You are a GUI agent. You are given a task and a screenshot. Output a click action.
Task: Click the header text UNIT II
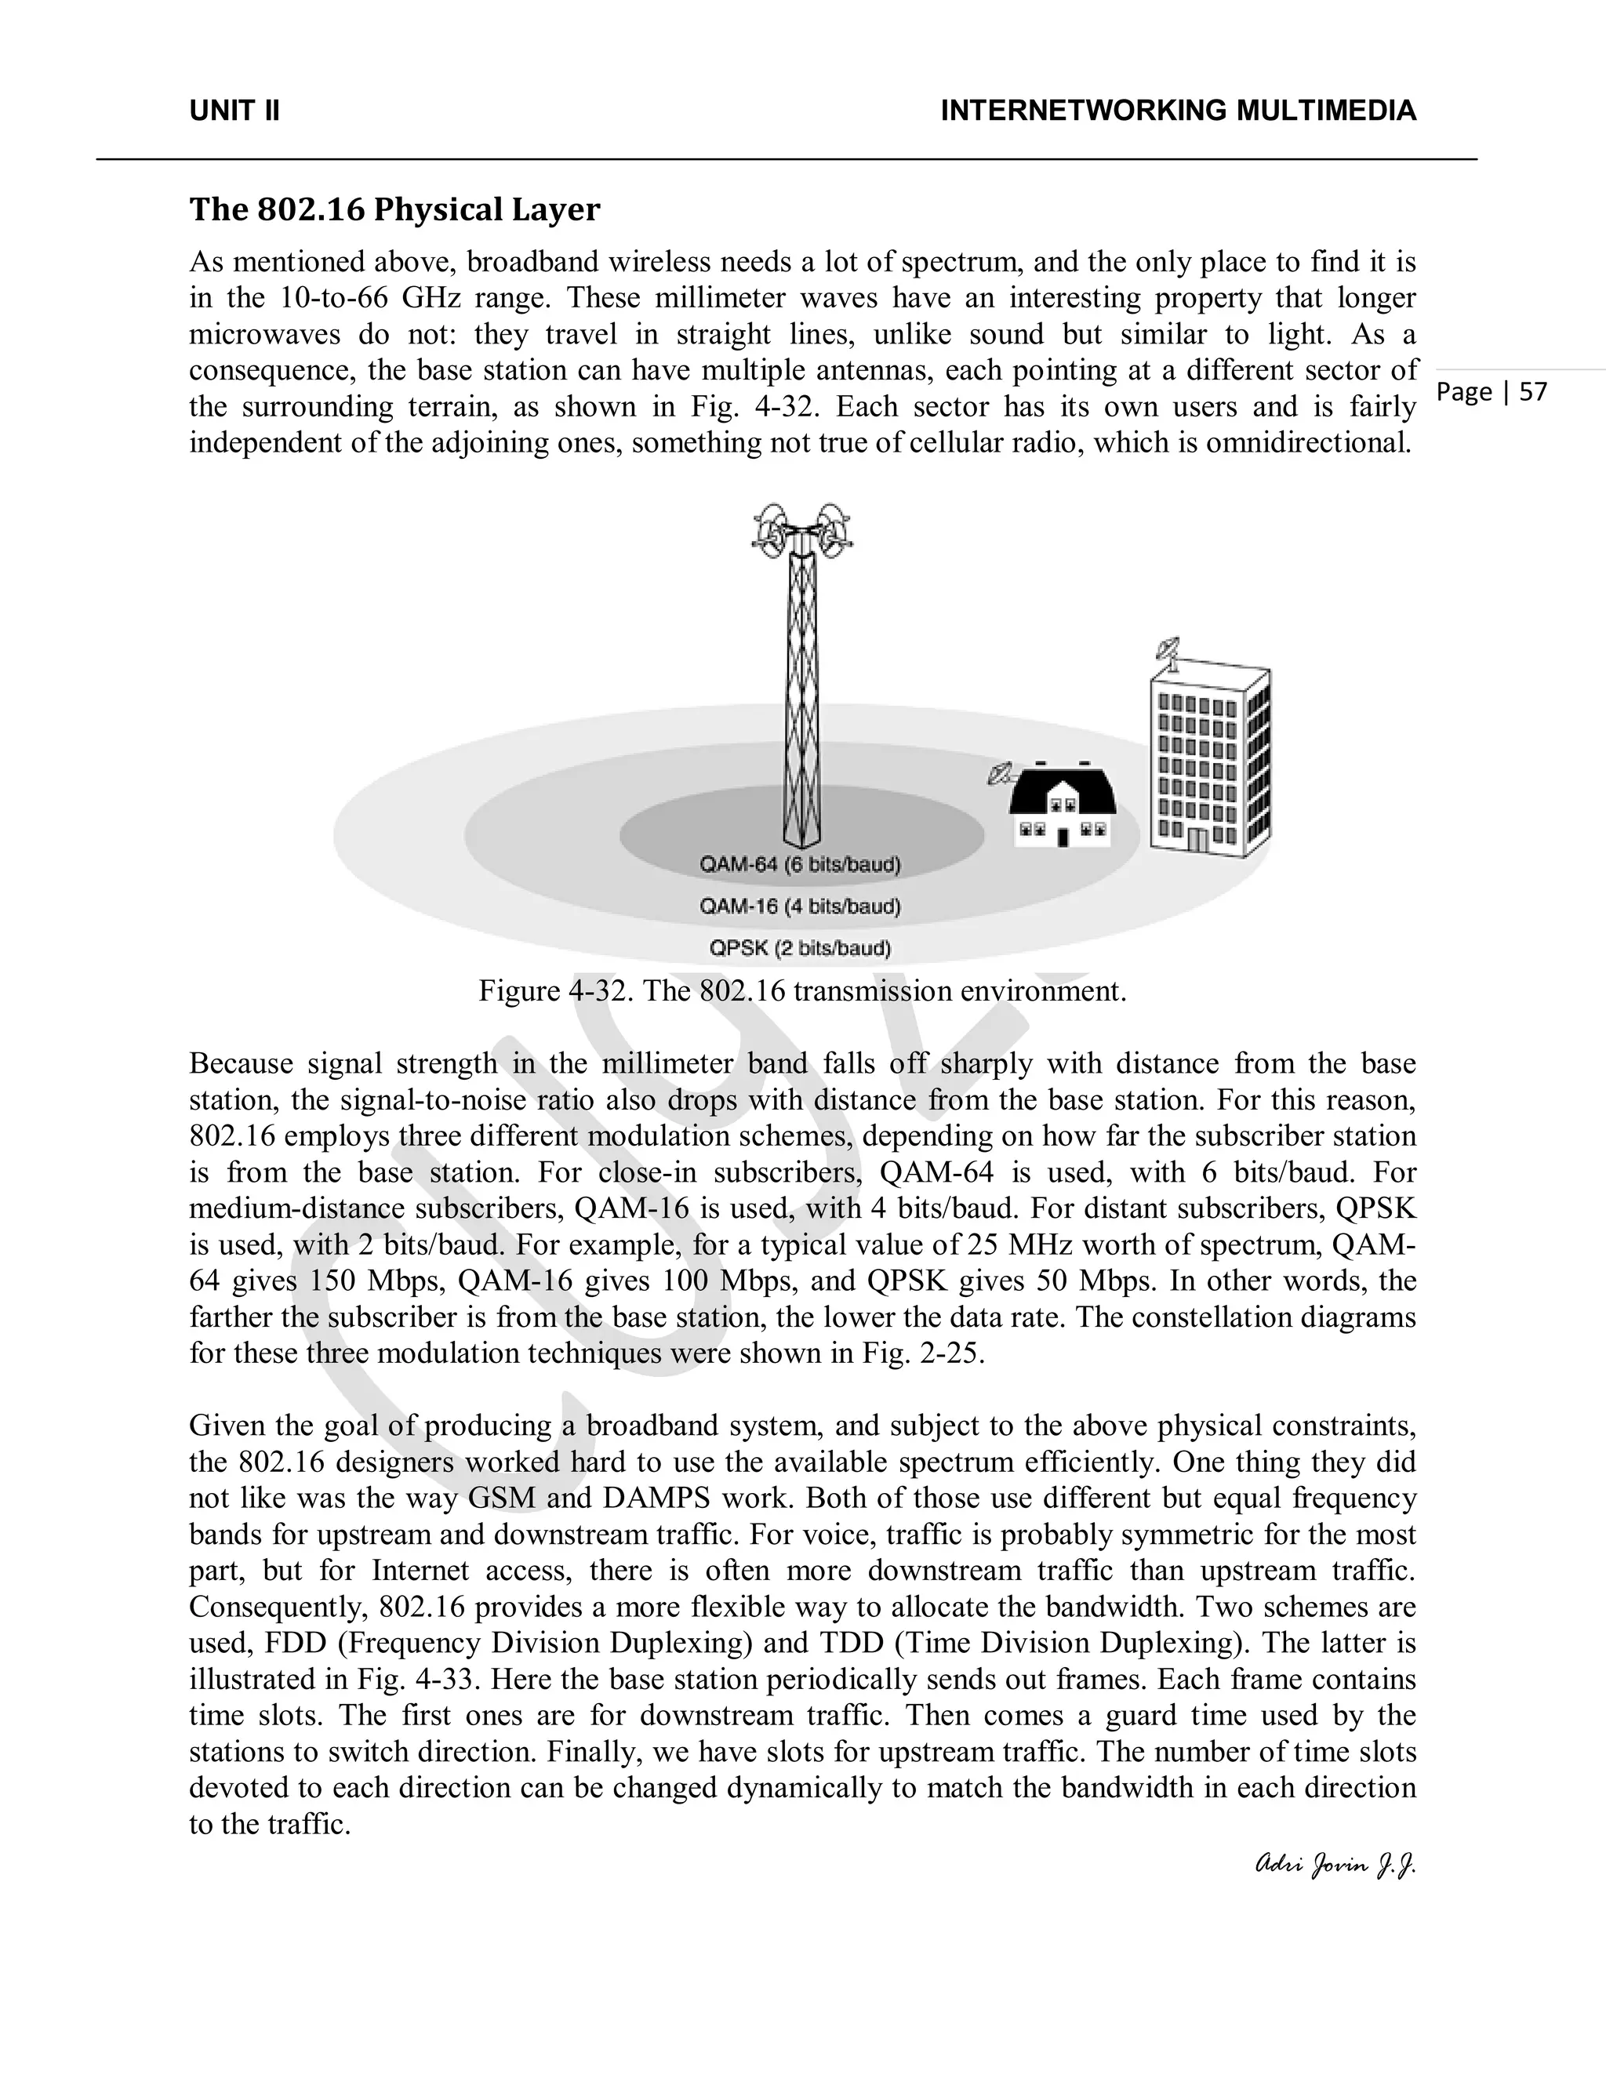point(234,111)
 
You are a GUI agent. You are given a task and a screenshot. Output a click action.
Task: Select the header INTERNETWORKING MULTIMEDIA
point(1178,111)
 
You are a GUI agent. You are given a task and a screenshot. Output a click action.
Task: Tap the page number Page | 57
point(1491,392)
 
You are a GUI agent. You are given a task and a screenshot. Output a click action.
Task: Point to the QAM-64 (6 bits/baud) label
point(799,865)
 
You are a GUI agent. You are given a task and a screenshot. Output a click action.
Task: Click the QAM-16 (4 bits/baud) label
point(799,906)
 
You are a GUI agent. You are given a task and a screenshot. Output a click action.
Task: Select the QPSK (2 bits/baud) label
point(799,949)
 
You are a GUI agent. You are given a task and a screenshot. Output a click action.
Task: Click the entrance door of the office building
point(1198,840)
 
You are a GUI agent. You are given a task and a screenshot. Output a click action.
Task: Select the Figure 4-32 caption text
point(801,991)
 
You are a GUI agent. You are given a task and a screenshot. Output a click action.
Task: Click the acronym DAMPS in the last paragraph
point(656,1499)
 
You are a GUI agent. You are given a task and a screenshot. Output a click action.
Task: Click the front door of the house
point(1063,838)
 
